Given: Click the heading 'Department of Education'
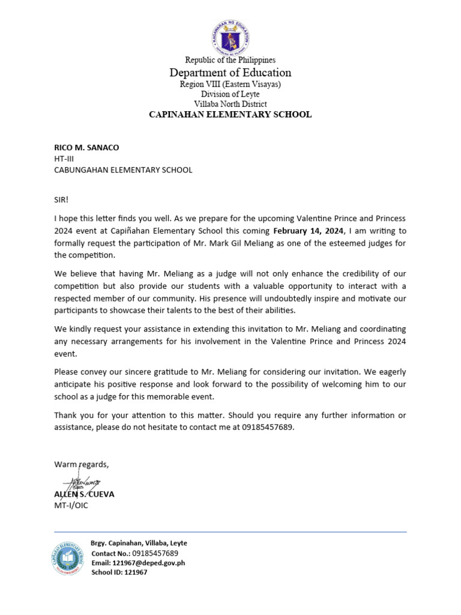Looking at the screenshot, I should (230, 73).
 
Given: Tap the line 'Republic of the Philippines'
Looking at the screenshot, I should (230, 60).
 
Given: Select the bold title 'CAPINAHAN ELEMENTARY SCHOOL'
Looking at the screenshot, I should (230, 114).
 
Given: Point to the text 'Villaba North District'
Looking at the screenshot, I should (230, 104).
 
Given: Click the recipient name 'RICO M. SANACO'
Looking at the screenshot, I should (87, 147).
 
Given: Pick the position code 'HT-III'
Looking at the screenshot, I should (64, 159).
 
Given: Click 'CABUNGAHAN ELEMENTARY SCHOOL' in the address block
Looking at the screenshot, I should (123, 170).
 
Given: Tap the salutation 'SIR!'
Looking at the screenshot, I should (62, 199).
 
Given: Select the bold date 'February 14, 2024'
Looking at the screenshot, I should (309, 231).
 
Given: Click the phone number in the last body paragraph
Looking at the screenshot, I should (268, 427).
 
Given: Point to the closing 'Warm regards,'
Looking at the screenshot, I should (82, 464).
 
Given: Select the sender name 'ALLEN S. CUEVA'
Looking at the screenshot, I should (84, 494).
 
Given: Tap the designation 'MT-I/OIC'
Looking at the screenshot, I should (71, 505).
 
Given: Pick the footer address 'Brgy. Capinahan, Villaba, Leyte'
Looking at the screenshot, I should (139, 543).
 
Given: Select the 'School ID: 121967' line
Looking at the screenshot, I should (119, 572).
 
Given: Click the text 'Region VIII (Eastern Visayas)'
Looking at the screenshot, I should (230, 84).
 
